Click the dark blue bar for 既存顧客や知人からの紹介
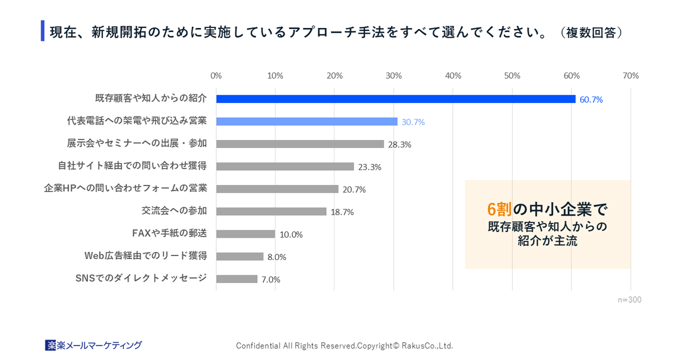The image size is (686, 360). coord(396,99)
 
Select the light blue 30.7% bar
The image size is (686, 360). coord(306,122)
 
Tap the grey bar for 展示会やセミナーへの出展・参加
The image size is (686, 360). coord(300,144)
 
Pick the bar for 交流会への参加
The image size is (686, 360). coord(271,211)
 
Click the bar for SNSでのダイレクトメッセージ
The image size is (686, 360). coord(237,279)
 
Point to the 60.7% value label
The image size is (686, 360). coord(591,99)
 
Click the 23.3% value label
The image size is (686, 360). coord(369,167)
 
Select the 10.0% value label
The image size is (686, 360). coord(291,234)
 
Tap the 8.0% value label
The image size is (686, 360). coord(277,257)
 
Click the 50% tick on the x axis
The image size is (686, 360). coord(512,75)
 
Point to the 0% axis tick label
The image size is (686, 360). coord(216,75)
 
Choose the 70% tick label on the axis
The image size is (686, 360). coord(631,75)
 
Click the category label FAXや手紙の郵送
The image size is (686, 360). coord(169,233)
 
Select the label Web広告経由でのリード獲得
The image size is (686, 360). coord(146,255)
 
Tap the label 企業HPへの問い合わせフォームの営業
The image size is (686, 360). coord(126,188)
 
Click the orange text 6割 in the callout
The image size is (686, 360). coord(500,209)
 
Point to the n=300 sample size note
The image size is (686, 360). coord(629,299)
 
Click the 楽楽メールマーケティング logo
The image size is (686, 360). coord(94,345)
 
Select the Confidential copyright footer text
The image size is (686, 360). coord(344,346)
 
